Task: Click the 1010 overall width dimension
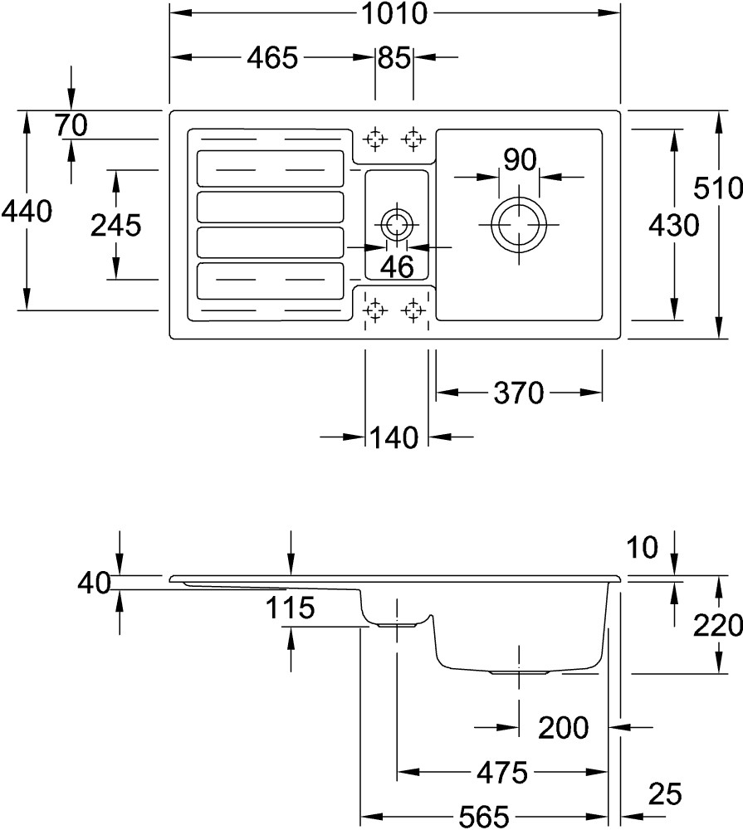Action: pos(395,14)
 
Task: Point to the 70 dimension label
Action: pos(71,125)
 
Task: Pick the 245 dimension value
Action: pos(115,225)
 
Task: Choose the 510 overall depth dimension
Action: pos(719,188)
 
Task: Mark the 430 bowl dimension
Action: pos(673,225)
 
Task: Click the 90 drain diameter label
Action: pos(519,159)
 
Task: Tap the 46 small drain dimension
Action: pos(396,266)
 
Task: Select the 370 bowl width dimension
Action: pos(519,392)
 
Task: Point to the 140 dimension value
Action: pos(395,437)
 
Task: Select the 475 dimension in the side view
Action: pos(502,774)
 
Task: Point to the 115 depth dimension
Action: pos(291,608)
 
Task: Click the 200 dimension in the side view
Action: pos(563,728)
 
